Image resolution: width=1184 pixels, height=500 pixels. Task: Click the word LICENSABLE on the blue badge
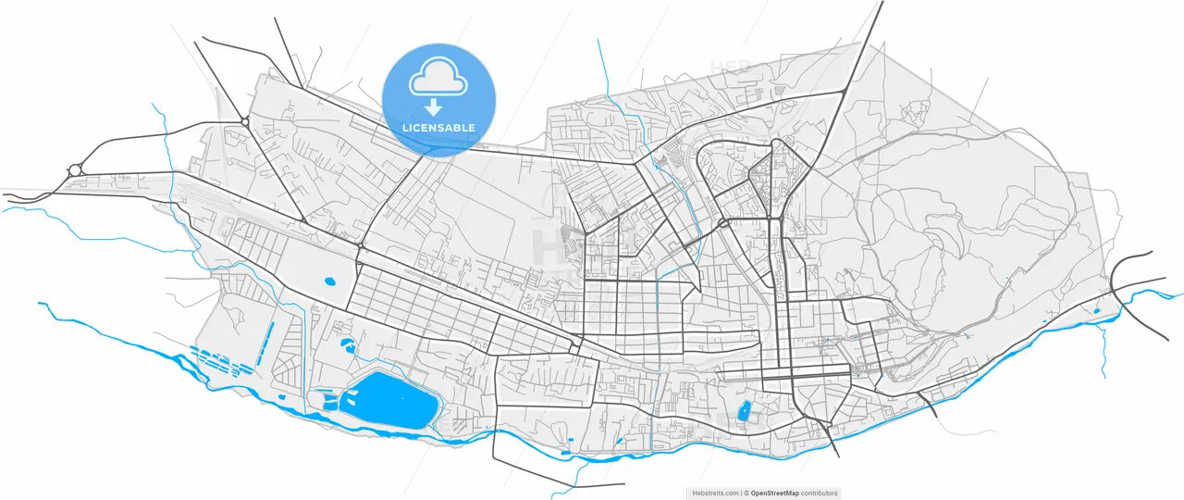point(438,127)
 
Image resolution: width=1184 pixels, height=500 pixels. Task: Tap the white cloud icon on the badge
point(438,78)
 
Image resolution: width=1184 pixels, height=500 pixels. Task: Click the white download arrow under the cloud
point(433,107)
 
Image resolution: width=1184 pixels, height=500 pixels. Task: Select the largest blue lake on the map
point(388,400)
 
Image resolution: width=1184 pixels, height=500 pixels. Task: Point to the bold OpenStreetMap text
point(774,494)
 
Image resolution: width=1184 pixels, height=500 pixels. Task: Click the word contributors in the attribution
point(820,494)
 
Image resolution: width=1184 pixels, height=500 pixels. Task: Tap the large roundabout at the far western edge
point(75,170)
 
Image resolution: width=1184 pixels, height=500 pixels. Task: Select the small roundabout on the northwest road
point(244,121)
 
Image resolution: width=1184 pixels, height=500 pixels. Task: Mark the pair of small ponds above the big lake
point(349,347)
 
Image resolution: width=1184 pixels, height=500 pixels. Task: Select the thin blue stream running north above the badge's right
point(606,69)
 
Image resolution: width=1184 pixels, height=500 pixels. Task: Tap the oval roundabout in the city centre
point(722,223)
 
